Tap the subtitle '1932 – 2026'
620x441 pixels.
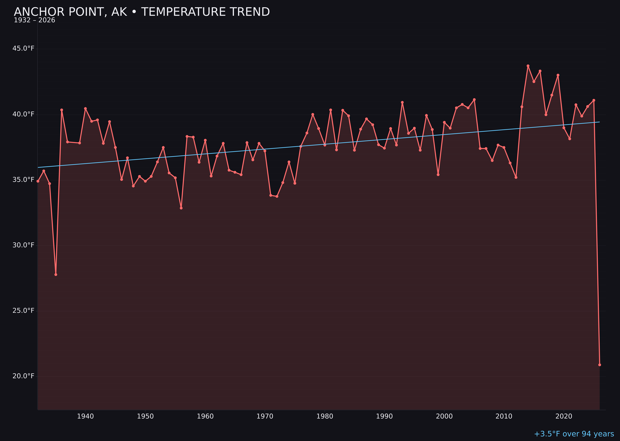(34, 20)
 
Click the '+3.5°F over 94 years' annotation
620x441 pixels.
(574, 434)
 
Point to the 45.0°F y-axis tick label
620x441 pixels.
(23, 49)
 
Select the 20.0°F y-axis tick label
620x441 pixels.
(23, 376)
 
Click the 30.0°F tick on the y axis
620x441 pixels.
(23, 245)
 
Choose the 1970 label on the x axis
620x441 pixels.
(265, 416)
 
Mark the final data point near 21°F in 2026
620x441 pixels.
(600, 365)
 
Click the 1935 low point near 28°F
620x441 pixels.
(56, 274)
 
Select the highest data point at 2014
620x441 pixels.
(528, 66)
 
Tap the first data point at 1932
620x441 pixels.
(38, 181)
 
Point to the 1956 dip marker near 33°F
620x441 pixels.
(181, 208)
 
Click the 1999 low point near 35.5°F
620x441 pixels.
(438, 175)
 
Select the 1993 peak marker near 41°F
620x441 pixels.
(402, 102)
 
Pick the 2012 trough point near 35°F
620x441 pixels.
(516, 177)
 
